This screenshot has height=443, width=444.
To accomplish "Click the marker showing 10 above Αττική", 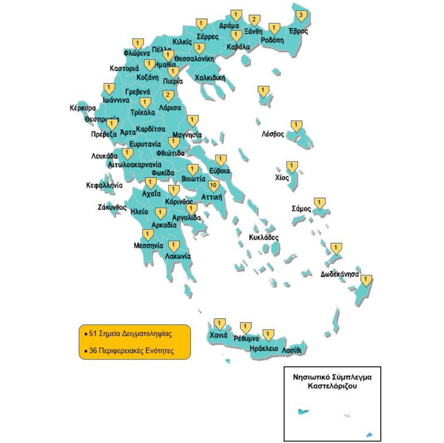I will [213, 185].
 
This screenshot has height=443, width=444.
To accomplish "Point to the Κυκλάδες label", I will [263, 238].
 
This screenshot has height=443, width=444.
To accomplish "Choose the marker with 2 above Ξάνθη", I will [253, 20].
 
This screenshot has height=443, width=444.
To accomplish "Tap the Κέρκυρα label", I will [82, 108].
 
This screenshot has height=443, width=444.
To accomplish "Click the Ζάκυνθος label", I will [112, 207].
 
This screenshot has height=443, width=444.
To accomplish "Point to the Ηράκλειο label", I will [263, 348].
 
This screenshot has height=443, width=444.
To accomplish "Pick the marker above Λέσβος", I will [296, 125].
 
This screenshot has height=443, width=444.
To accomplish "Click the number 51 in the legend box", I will [93, 333].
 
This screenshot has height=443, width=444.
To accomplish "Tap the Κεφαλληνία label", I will [104, 185].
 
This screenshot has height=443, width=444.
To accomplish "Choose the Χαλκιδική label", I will [210, 78].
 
